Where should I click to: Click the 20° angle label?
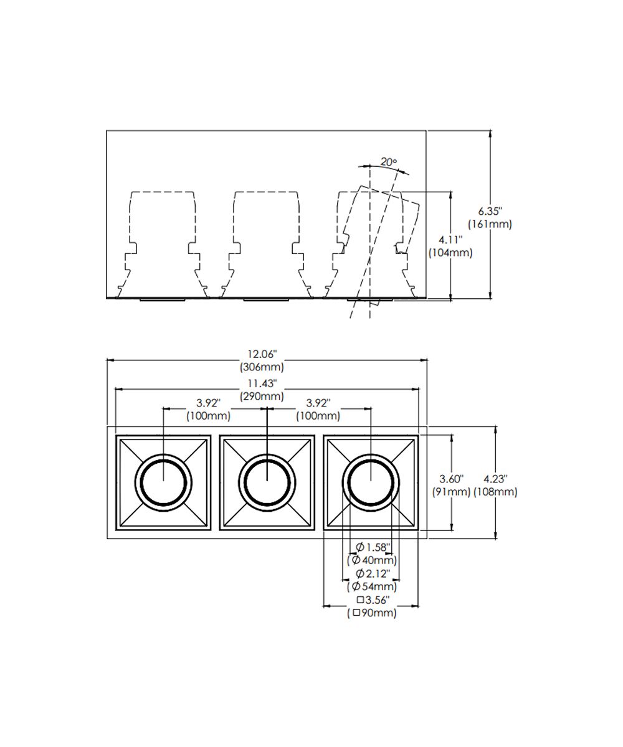coord(388,162)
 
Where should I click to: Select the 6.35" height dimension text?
coord(489,211)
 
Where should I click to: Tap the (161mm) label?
coord(489,224)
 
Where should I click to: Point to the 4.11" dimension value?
coord(450,240)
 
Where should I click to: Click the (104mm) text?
coord(450,253)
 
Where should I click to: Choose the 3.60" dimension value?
coord(451,479)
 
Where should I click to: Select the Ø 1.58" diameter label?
coord(373,547)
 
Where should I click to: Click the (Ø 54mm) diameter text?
coord(372,586)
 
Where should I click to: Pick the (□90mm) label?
coord(372,613)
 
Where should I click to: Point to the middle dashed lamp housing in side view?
coord(267,243)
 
